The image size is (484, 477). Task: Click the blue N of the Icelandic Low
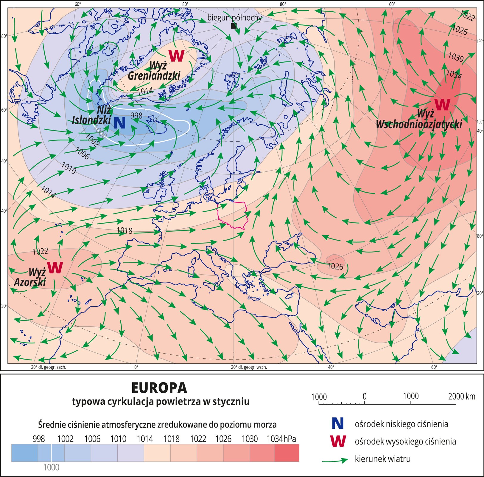coord(119,123)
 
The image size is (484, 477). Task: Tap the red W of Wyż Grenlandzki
coord(176,56)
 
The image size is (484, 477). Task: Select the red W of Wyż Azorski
coord(55,267)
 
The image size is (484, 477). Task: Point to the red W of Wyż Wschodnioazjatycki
coord(442,104)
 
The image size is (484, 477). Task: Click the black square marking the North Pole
coord(234,26)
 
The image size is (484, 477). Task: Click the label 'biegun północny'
coord(234,18)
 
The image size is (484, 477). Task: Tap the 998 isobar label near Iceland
coord(136,115)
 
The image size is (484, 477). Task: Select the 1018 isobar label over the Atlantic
coord(124,230)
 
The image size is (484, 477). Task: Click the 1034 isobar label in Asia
coord(454,74)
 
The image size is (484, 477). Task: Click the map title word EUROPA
coord(159,388)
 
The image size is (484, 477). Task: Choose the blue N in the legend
coord(337,424)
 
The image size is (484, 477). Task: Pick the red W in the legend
coord(338,441)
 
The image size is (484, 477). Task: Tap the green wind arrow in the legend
coord(335,460)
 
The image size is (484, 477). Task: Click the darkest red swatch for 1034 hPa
coord(287,453)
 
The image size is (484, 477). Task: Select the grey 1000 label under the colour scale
coord(51,467)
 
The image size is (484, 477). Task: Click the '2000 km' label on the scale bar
coord(461,396)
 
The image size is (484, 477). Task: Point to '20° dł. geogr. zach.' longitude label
coord(49,367)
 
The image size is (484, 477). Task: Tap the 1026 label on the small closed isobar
coord(335,266)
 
